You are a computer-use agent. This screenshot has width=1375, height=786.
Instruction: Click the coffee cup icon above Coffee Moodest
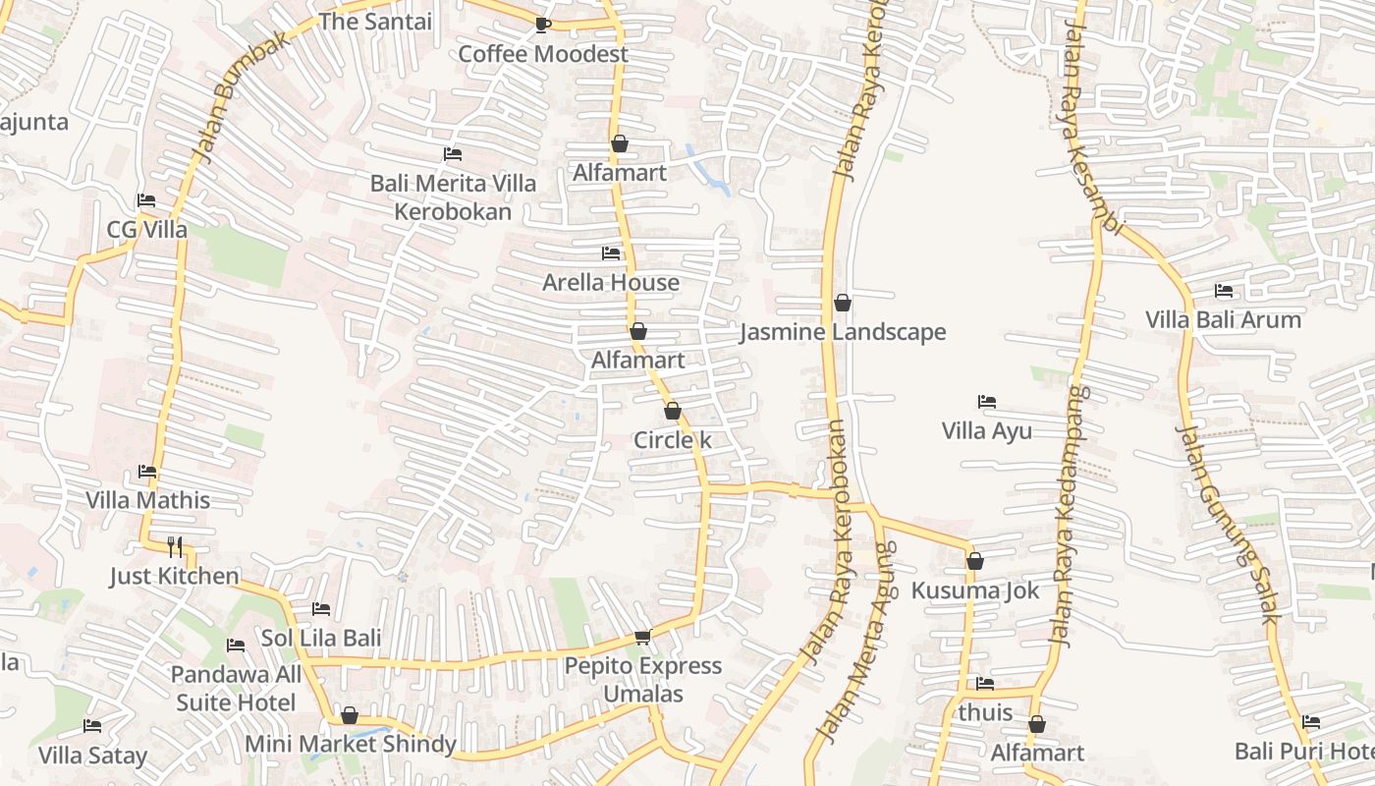[x=542, y=25]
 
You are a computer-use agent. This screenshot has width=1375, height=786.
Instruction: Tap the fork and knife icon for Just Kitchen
[x=175, y=547]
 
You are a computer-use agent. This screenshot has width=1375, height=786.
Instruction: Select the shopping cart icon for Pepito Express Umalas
[x=643, y=638]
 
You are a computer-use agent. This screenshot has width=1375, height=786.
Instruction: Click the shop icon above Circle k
[x=673, y=411]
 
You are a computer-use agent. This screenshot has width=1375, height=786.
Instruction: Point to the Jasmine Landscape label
[x=843, y=332]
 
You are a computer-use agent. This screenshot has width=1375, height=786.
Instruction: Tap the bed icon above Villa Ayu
[x=987, y=402]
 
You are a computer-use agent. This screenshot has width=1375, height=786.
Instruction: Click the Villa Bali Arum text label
[x=1223, y=319]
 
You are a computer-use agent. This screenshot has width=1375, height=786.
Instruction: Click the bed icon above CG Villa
[x=146, y=200]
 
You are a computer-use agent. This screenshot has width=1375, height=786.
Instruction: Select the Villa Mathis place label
[x=147, y=500]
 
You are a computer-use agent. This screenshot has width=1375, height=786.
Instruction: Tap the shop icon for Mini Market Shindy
[x=350, y=715]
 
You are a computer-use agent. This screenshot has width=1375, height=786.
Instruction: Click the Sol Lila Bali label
[x=320, y=638]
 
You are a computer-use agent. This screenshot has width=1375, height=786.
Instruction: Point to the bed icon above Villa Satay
[x=92, y=726]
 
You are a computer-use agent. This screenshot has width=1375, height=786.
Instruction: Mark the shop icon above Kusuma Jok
[x=975, y=561]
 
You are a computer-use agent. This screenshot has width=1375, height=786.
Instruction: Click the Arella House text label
[x=611, y=283]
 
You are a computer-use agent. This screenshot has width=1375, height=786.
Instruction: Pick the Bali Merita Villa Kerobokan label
[x=453, y=197]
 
